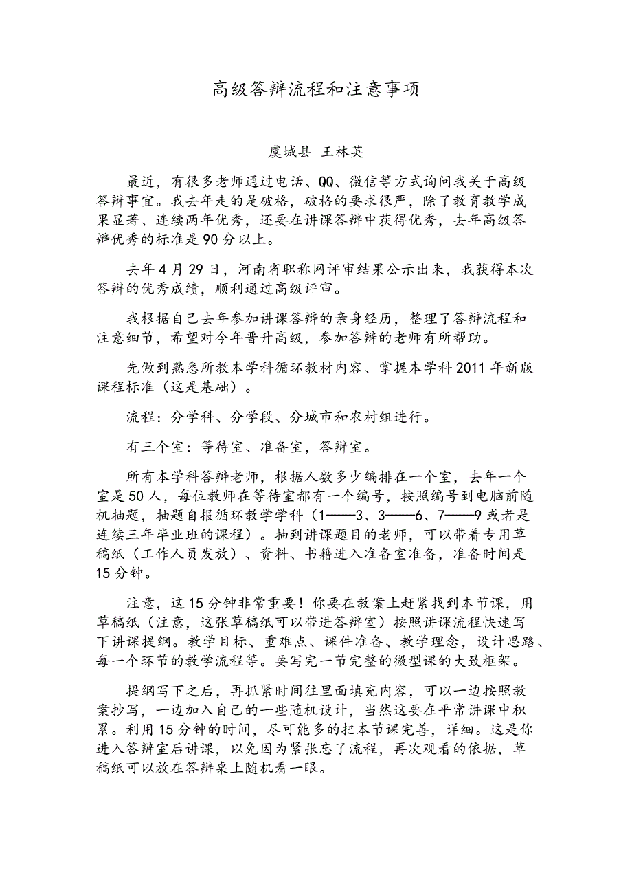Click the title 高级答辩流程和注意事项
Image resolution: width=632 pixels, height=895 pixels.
coord(315,89)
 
